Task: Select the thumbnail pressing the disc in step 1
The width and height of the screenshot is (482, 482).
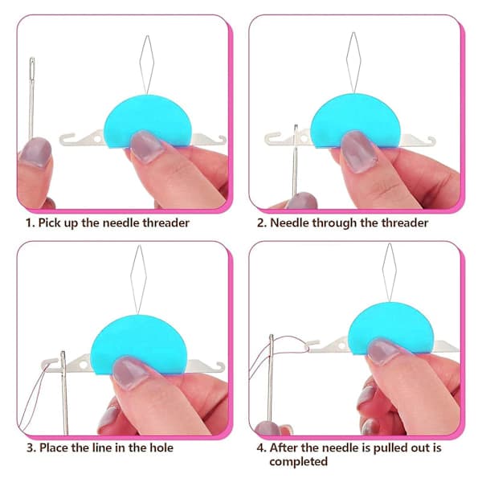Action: tap(147, 145)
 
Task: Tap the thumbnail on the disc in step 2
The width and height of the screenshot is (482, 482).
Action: tap(359, 151)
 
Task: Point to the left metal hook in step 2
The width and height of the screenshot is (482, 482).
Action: tap(272, 138)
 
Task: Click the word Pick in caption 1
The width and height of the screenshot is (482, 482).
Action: tap(50, 223)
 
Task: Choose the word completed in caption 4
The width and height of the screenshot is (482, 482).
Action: tap(299, 462)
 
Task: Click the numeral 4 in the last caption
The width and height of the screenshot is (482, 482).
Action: tap(260, 448)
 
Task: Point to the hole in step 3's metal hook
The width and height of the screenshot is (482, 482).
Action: tap(84, 365)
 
